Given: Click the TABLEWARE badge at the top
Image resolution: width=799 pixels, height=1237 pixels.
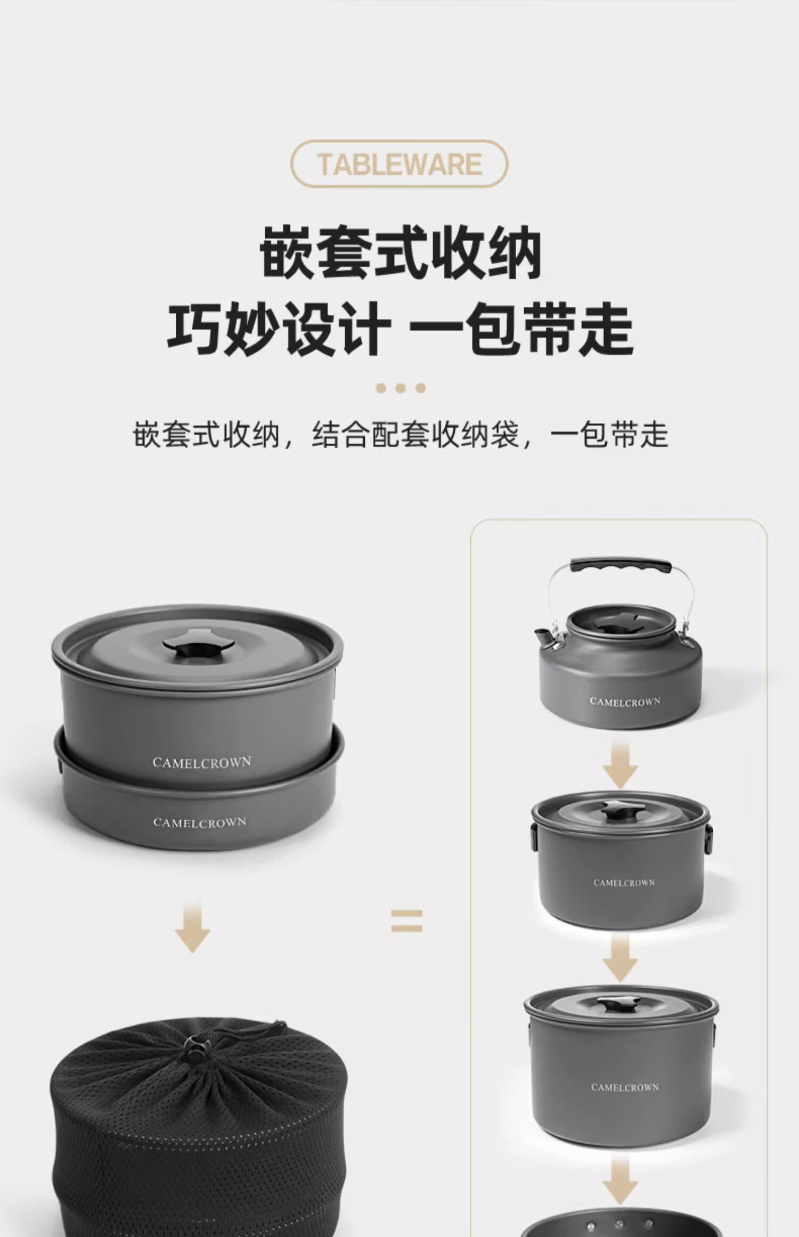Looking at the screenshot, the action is (x=399, y=164).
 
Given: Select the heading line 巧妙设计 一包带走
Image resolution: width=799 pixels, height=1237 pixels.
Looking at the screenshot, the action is (x=400, y=328).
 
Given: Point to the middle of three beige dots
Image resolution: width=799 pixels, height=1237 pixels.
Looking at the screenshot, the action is (x=401, y=388).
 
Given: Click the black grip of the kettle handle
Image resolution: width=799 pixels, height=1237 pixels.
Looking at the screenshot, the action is (x=619, y=565).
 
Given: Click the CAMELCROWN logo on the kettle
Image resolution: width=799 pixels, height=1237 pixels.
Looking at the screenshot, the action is (x=625, y=702).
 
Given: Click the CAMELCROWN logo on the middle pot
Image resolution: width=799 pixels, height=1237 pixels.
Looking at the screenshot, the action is (x=624, y=883).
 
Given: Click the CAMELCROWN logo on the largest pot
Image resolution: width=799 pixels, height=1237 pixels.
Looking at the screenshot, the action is (x=625, y=1087).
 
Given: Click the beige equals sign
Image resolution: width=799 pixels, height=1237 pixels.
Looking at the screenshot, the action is (x=407, y=921).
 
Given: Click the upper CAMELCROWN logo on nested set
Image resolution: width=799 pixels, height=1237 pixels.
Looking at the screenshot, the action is (x=201, y=762).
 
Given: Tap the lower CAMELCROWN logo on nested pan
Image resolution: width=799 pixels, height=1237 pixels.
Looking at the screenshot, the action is (x=200, y=823).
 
